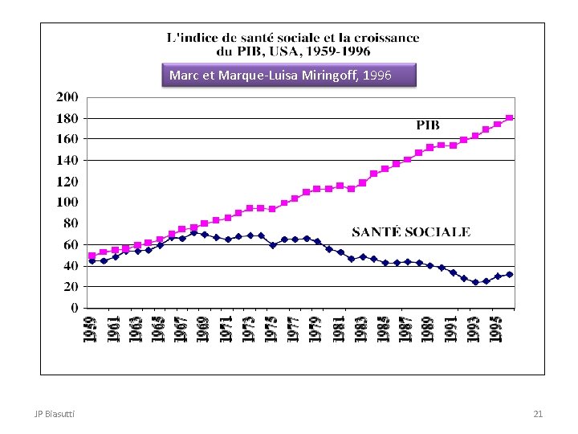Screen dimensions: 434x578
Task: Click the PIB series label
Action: [427, 125]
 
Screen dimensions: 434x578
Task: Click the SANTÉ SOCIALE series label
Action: [411, 232]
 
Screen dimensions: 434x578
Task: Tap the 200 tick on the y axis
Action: [67, 97]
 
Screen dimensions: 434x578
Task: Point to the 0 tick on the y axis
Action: [74, 308]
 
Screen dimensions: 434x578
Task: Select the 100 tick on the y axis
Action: [67, 203]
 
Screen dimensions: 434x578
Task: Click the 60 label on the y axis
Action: [70, 244]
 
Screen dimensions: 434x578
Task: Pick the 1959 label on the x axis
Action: [91, 330]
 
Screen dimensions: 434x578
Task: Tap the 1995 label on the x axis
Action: [497, 330]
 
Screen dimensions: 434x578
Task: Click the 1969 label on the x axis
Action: [204, 330]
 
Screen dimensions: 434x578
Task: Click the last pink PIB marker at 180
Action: [510, 118]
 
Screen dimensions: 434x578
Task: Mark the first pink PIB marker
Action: [92, 256]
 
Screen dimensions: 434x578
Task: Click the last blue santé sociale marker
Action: [510, 274]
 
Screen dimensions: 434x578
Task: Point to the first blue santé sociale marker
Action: [92, 261]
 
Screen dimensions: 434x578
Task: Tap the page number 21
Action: [538, 414]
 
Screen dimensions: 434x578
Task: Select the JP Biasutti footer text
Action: [55, 414]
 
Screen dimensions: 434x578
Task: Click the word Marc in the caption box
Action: [183, 76]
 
